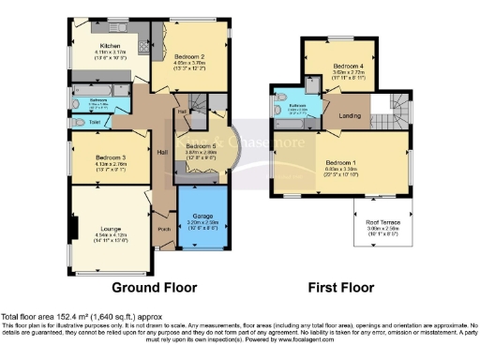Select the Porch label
click(163, 228)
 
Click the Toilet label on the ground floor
click(95, 122)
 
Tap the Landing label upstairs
click(349, 116)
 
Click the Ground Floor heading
click(148, 287)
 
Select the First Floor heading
click(340, 287)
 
